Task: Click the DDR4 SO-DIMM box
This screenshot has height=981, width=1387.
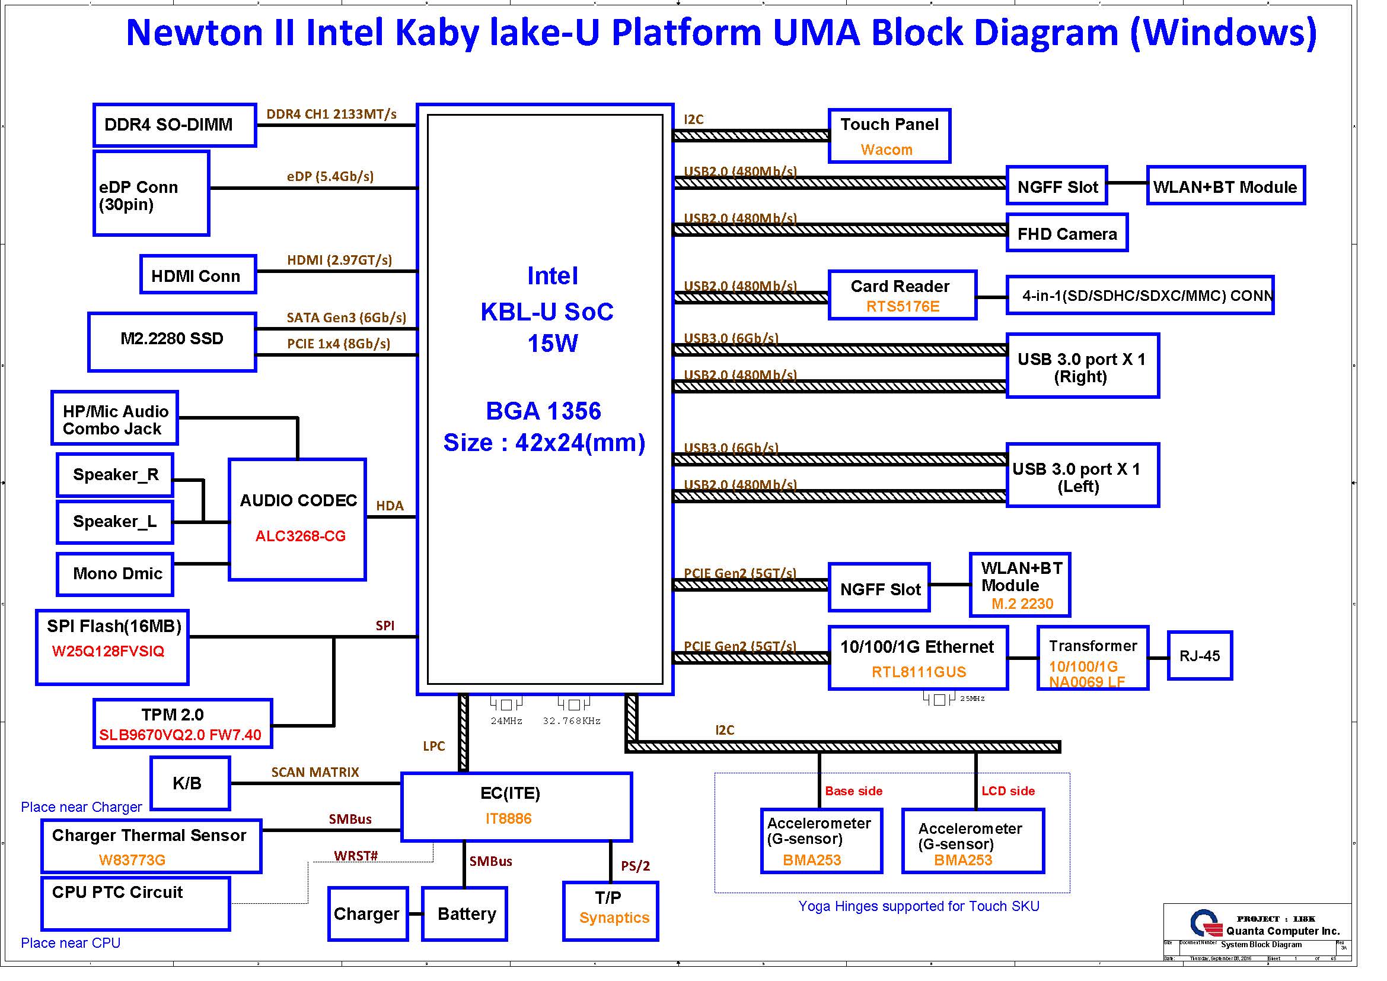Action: [174, 125]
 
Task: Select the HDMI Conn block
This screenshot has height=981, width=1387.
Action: [198, 275]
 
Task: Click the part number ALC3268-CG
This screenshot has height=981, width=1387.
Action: [300, 536]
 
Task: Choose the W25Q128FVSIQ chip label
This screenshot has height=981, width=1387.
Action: [108, 652]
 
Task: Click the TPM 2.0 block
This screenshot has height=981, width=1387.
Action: [183, 723]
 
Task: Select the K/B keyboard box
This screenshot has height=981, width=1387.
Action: [190, 783]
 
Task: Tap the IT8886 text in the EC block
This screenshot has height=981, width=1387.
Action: [509, 818]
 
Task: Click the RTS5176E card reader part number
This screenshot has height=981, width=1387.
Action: [903, 306]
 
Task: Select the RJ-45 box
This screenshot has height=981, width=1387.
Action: [1200, 656]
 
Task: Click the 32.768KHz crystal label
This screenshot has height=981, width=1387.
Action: [572, 721]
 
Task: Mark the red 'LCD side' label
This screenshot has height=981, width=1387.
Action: [1007, 791]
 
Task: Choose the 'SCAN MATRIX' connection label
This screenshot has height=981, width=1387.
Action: [315, 773]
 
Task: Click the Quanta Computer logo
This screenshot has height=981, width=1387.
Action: [1205, 923]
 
